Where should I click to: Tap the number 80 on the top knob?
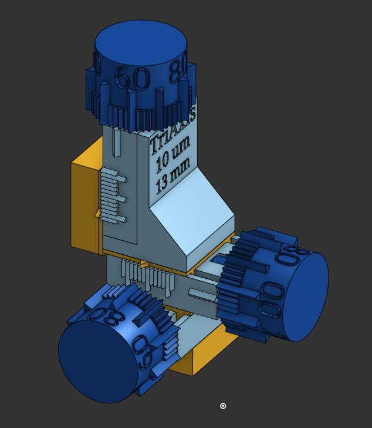178,70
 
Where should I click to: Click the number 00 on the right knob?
271,299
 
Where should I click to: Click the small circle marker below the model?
223,406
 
